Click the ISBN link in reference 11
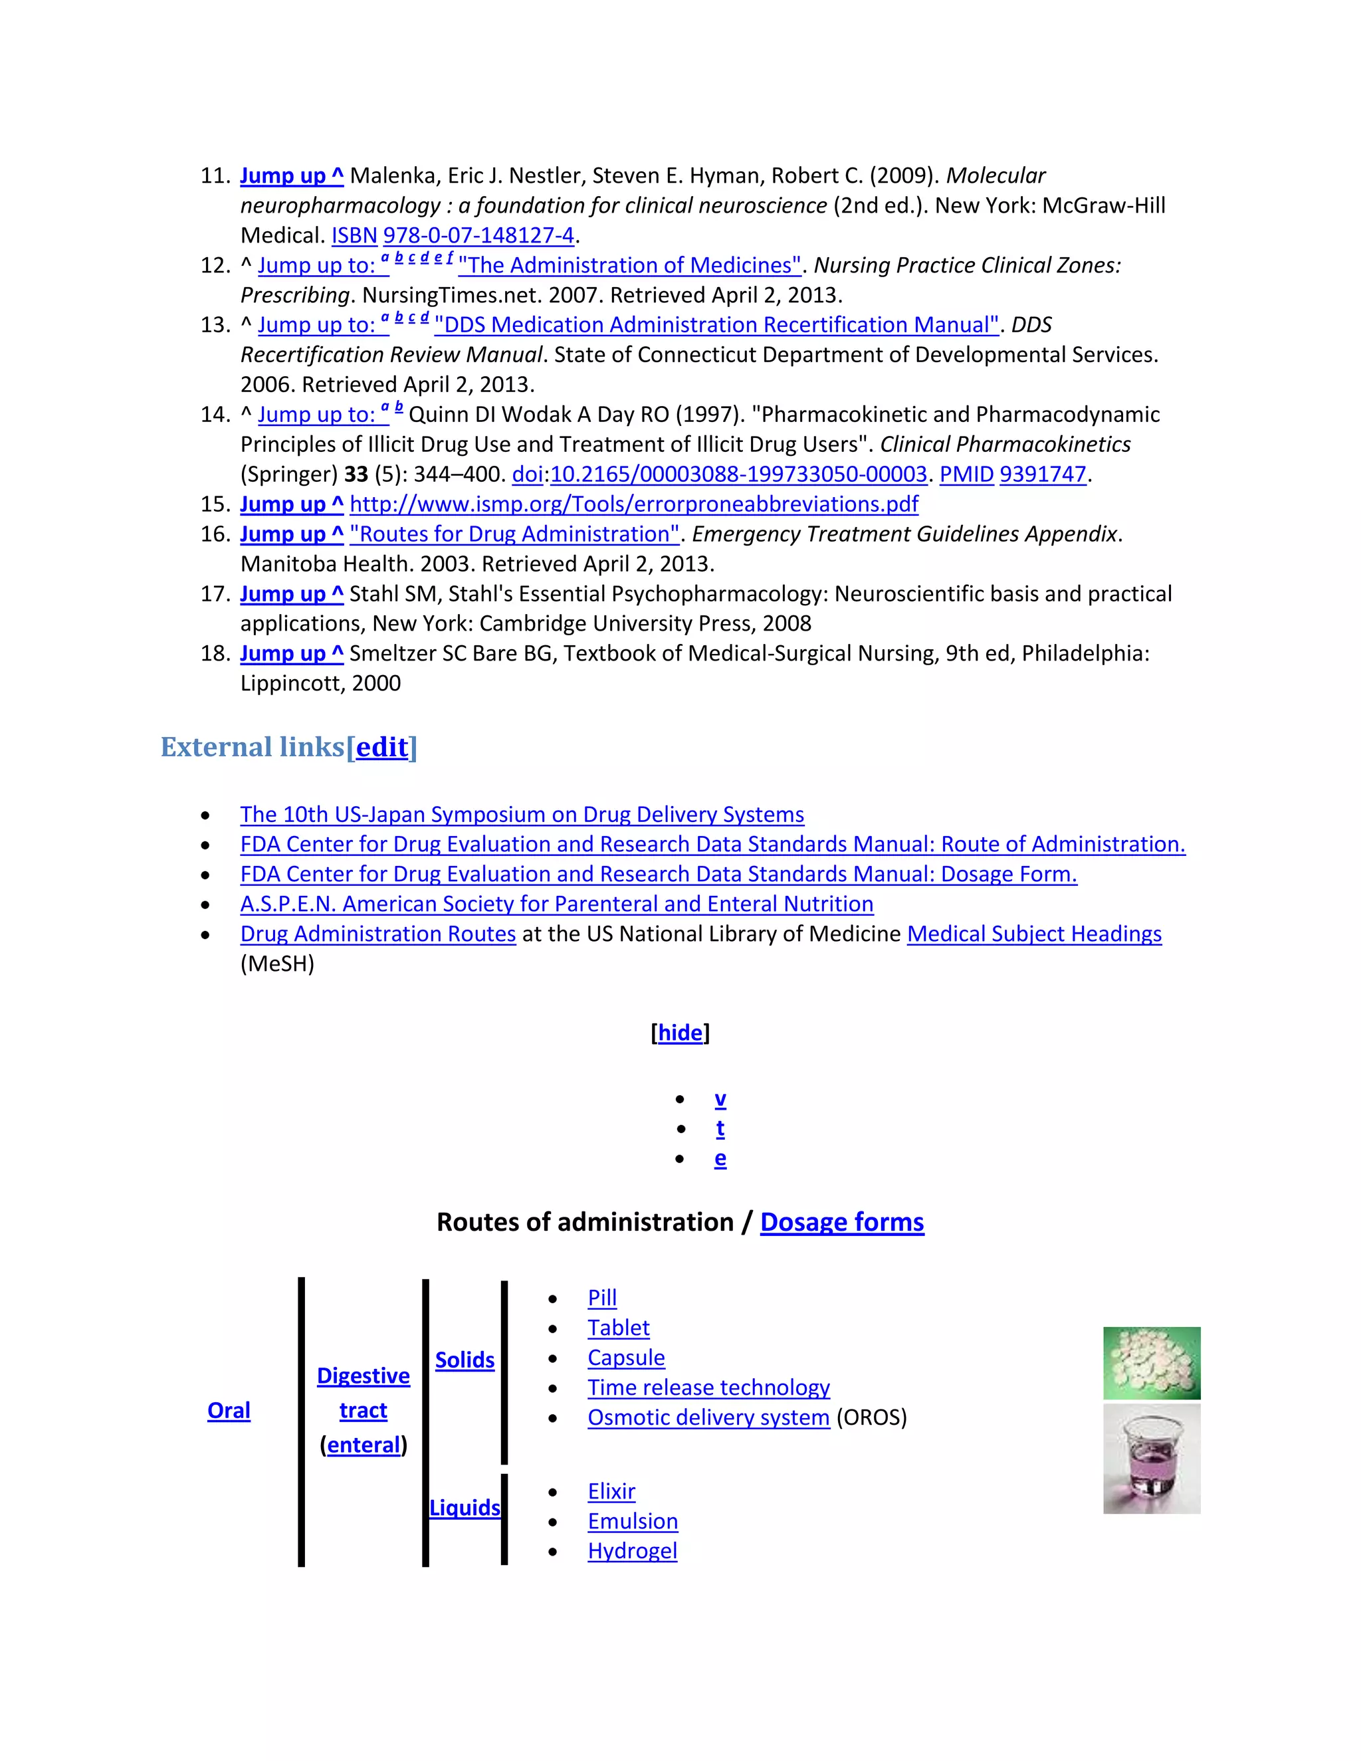click(354, 235)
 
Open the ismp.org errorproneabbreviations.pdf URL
click(634, 505)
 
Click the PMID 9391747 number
click(1043, 475)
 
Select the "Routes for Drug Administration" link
click(514, 534)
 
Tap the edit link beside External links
click(381, 748)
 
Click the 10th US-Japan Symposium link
click(522, 815)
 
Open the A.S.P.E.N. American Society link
click(556, 904)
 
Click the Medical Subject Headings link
click(1033, 934)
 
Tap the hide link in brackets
click(680, 1033)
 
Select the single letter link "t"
click(720, 1129)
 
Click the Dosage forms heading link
click(842, 1222)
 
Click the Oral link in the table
click(229, 1410)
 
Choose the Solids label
click(465, 1360)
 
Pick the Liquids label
click(465, 1508)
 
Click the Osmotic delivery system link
click(708, 1417)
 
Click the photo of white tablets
click(1152, 1363)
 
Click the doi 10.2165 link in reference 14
click(738, 475)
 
